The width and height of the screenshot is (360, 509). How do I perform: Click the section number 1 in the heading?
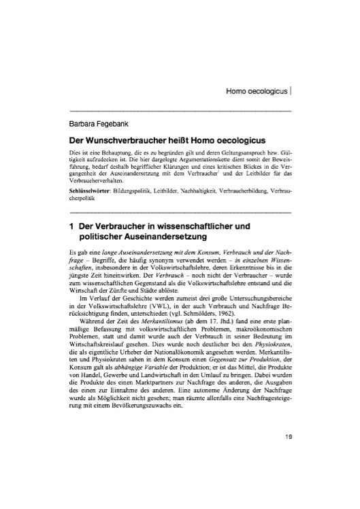click(71, 225)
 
